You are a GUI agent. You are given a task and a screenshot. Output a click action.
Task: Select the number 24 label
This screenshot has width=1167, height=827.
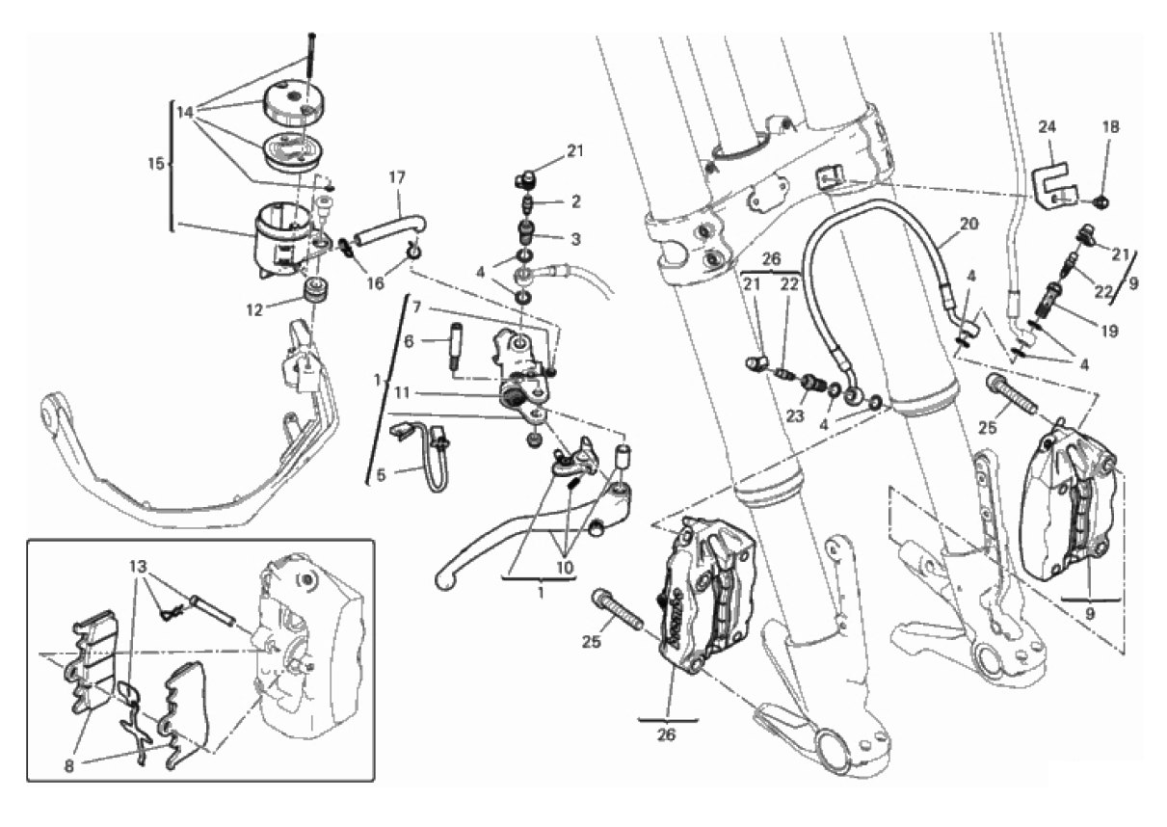pos(1048,126)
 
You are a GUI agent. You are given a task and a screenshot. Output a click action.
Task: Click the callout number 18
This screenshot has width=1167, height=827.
pos(1111,126)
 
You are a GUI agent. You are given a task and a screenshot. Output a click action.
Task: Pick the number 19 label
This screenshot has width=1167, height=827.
pos(1111,331)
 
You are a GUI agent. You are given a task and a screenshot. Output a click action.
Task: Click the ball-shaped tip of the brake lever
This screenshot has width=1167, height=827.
pos(444,579)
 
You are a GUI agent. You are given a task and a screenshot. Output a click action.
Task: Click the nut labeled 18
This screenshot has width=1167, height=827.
pos(1105,200)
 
